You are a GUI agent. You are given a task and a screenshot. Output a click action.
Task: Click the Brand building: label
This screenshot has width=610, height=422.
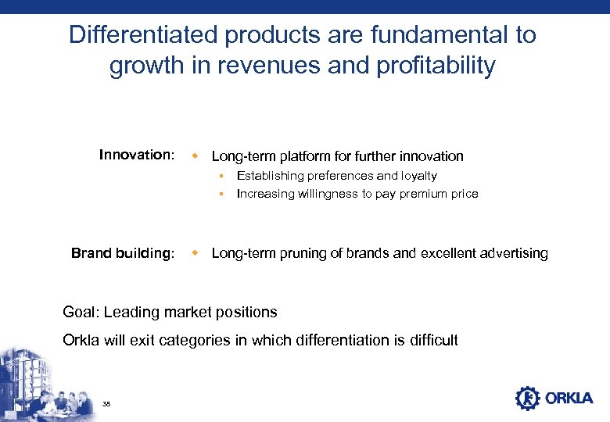tap(123, 253)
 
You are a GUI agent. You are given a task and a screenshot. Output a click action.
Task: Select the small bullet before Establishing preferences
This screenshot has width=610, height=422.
tap(221, 176)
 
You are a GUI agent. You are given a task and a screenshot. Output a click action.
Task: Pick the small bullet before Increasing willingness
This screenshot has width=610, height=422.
tap(221, 194)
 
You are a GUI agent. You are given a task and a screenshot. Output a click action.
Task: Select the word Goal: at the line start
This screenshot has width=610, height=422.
tap(81, 313)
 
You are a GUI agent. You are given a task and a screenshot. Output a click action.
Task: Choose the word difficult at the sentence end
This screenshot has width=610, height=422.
tap(431, 341)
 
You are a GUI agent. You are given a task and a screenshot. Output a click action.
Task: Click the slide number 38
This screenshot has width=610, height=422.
tap(107, 403)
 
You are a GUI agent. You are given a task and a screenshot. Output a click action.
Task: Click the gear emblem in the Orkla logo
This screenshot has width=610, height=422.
tap(527, 398)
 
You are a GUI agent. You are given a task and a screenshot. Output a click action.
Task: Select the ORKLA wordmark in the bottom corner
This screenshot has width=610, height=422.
tap(569, 399)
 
